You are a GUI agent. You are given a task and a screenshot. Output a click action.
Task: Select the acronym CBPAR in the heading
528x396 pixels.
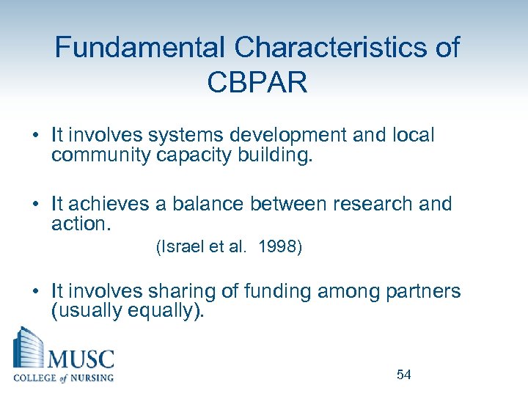pyautogui.click(x=257, y=82)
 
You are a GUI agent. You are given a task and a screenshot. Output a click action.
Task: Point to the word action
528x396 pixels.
pyautogui.click(x=81, y=223)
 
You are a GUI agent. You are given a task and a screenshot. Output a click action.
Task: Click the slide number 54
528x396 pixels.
pyautogui.click(x=403, y=375)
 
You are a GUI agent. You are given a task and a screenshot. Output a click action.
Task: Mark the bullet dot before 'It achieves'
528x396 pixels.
pyautogui.click(x=36, y=205)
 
